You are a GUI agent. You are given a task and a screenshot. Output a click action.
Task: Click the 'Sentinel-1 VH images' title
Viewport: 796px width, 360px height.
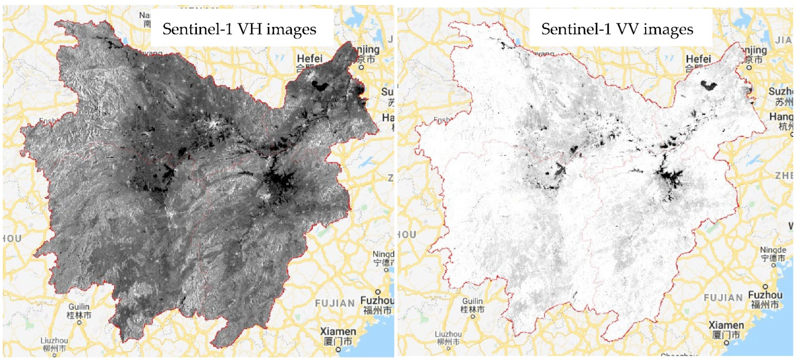tap(239, 29)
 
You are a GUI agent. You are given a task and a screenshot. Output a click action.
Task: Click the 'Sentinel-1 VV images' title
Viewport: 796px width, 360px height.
tap(617, 29)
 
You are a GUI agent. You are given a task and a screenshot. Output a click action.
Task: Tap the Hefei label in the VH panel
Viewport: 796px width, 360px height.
tap(310, 58)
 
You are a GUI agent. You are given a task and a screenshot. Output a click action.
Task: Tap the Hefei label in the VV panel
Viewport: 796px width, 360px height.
tap(698, 59)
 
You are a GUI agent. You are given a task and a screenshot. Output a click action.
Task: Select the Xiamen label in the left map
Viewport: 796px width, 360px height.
tap(338, 332)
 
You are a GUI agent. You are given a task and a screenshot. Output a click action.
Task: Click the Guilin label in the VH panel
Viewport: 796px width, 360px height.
tap(79, 307)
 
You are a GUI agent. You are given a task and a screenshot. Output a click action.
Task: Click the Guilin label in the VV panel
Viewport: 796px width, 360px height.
tap(472, 301)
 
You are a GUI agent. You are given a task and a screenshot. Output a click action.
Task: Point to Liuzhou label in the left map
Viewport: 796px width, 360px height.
tap(54, 340)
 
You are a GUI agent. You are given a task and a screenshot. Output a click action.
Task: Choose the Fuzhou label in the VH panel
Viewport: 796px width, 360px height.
tap(377, 300)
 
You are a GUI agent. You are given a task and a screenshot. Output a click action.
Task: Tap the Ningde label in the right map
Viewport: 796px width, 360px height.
tap(773, 250)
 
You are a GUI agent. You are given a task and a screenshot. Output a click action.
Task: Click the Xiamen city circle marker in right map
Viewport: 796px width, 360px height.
tap(727, 343)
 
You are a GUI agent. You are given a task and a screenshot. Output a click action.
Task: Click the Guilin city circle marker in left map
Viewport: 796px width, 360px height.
tap(79, 323)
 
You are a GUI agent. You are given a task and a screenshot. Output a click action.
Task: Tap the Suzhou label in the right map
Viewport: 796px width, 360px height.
tap(781, 91)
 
